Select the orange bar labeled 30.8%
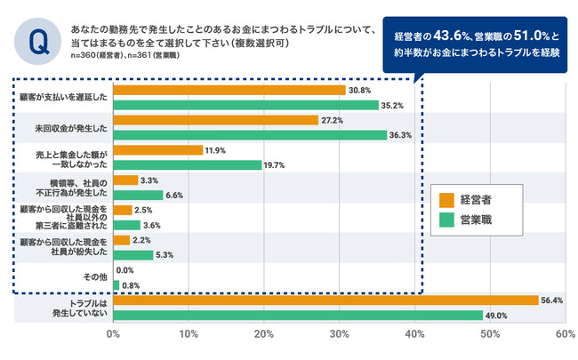tap(229, 90)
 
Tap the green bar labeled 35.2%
tap(246, 105)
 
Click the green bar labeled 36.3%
tap(251, 135)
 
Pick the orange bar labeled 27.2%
tap(216, 120)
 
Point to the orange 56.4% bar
tap(326, 300)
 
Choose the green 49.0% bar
tap(298, 316)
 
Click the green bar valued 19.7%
tap(188, 165)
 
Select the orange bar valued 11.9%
tap(158, 150)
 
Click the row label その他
tap(94, 277)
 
